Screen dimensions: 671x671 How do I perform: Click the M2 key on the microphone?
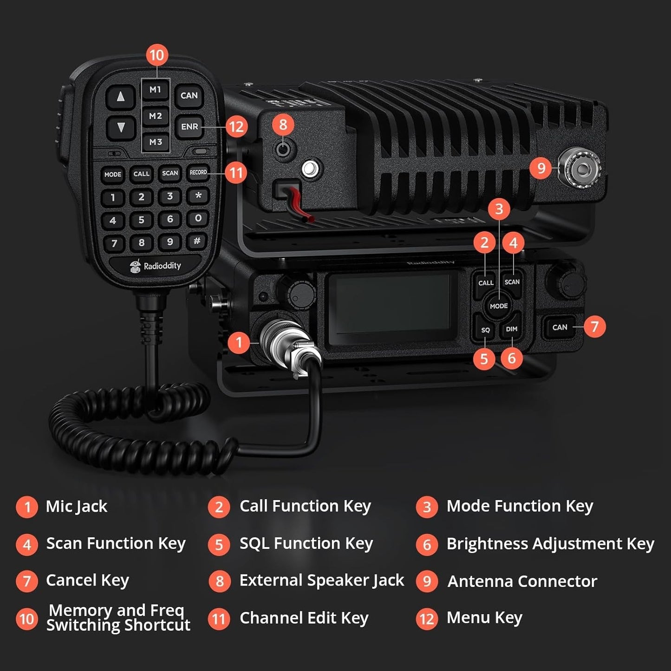coord(156,116)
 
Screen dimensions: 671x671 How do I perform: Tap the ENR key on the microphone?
coord(189,126)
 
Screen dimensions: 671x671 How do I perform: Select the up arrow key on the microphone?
coord(121,97)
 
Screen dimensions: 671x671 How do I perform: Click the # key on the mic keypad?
coord(197,241)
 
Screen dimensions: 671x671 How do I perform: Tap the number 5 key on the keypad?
coord(141,220)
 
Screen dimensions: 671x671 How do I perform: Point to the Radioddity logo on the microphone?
coord(156,266)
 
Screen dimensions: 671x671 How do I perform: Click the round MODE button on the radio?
coord(499,306)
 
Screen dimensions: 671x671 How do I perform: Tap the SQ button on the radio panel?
coord(485,330)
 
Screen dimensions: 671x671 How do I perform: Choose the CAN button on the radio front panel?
coord(560,327)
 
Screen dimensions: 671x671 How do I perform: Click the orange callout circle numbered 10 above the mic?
coord(157,55)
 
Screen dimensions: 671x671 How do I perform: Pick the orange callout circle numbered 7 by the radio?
coord(595,326)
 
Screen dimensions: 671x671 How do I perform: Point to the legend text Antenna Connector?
coord(522,581)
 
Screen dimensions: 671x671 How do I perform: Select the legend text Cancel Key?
coord(87,580)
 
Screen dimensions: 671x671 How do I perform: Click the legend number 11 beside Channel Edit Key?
coord(219,619)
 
